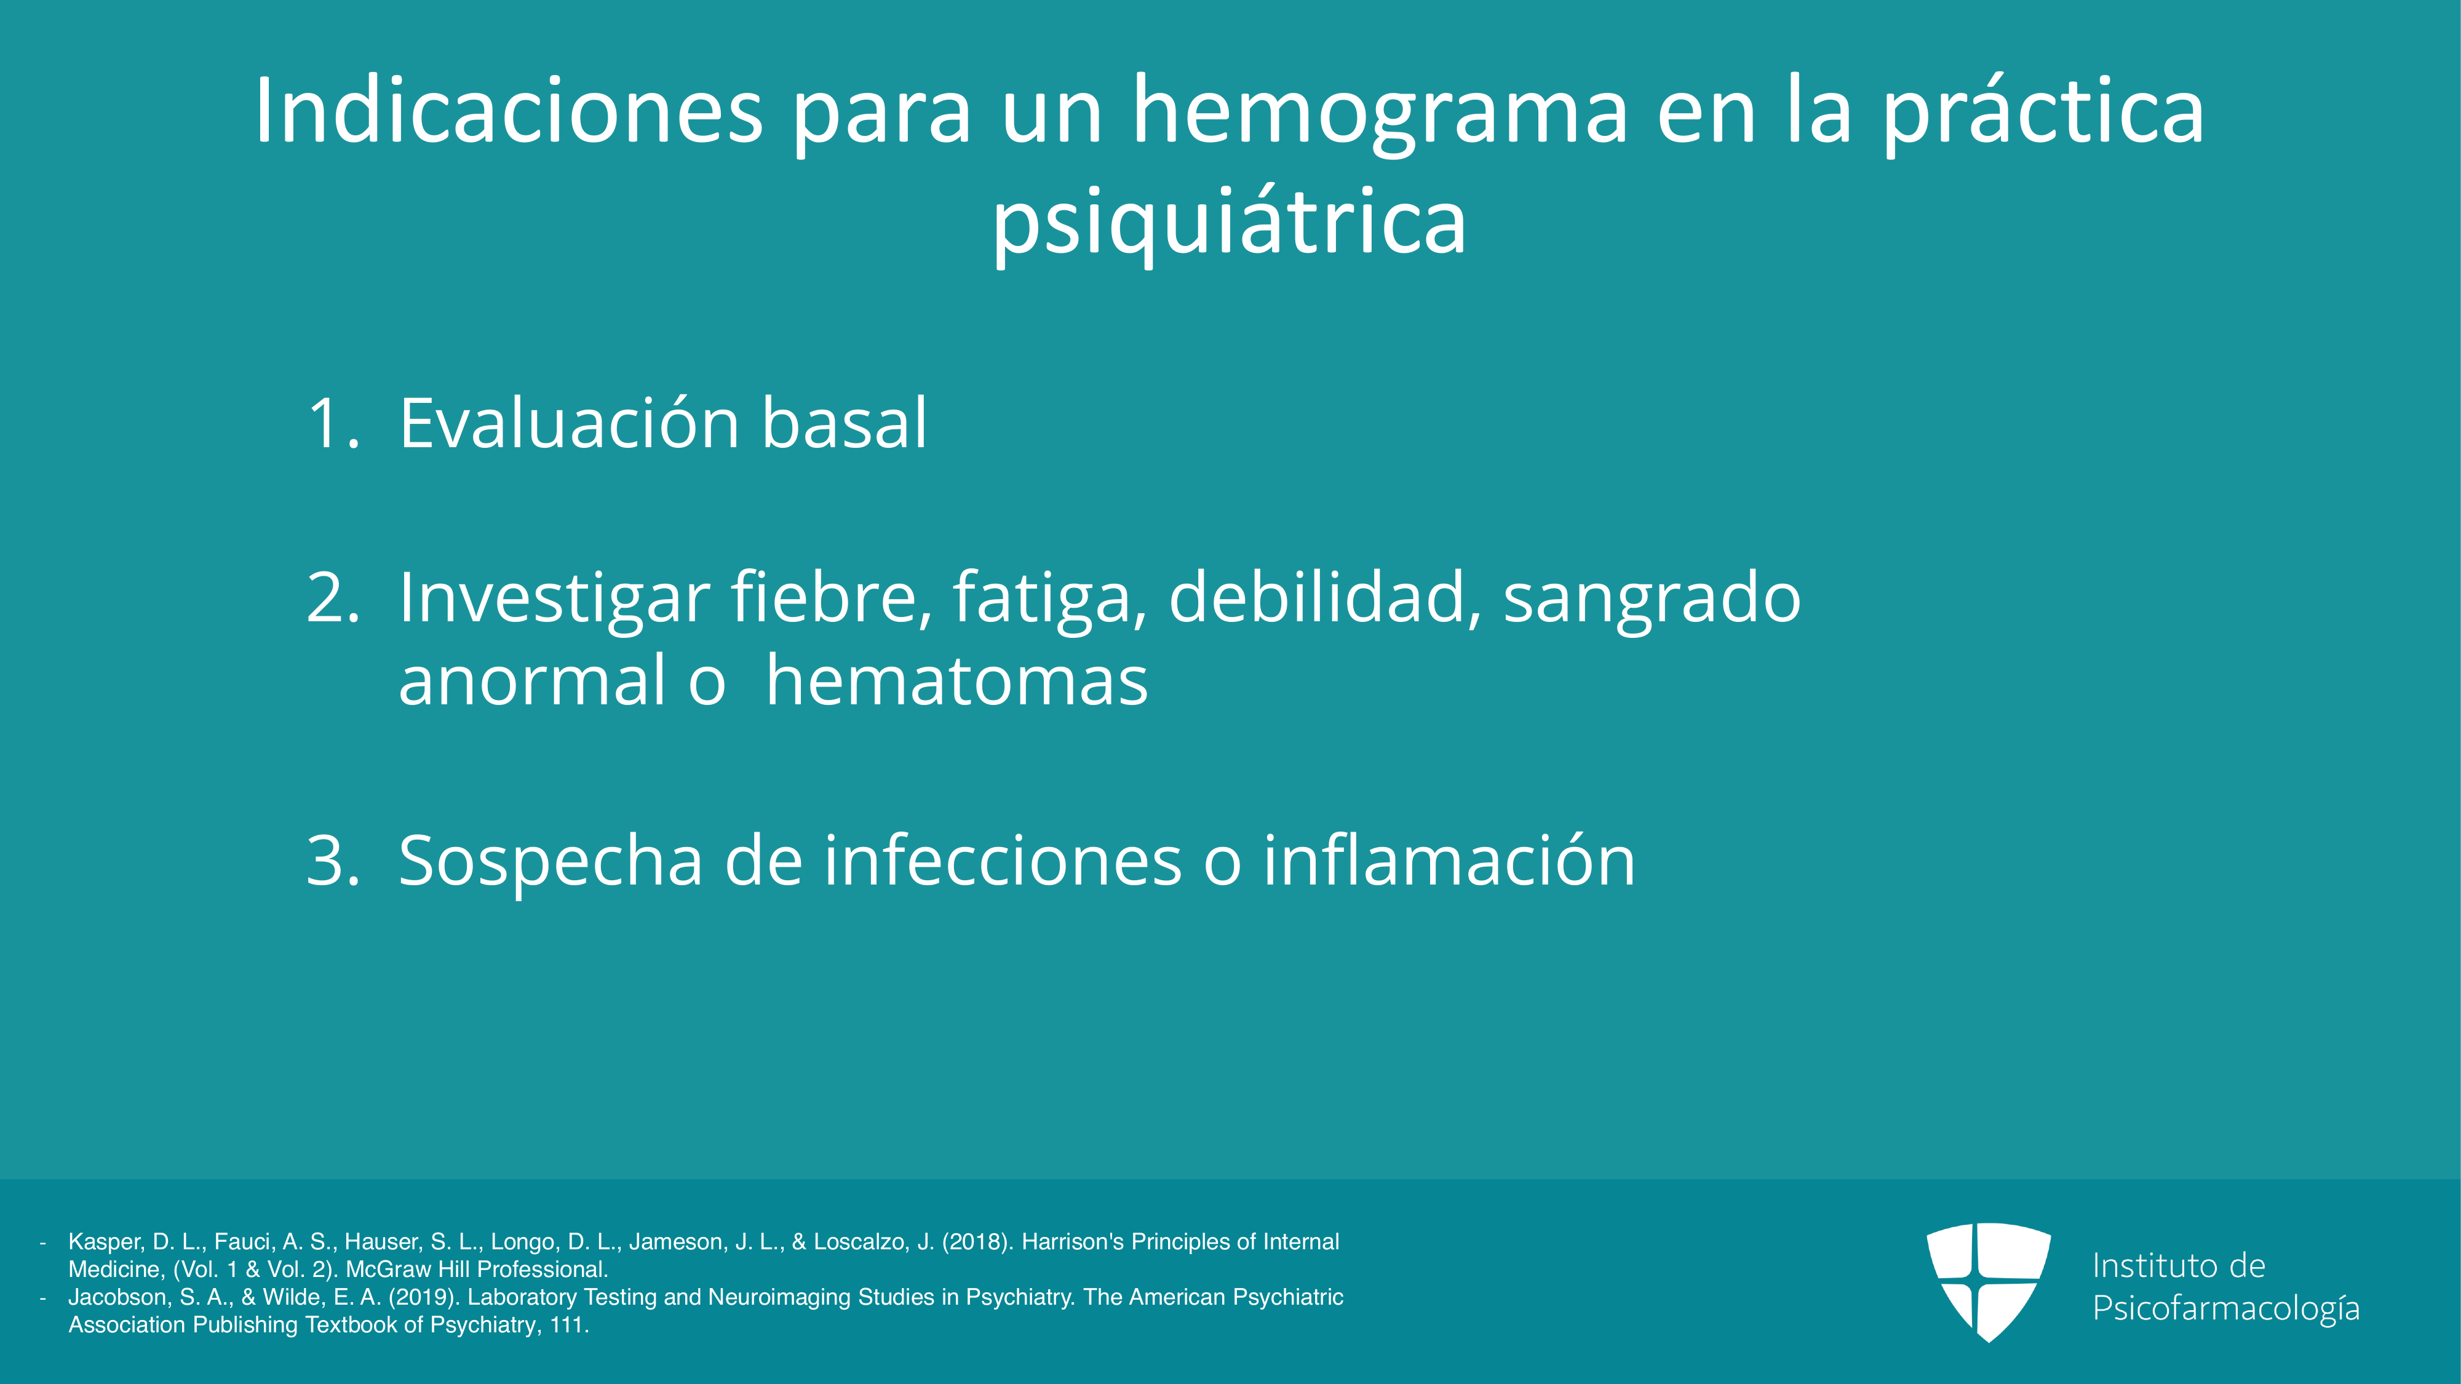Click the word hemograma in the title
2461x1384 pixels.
coord(1380,112)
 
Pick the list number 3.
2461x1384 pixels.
coord(333,860)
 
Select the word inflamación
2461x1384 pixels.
coord(1449,860)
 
